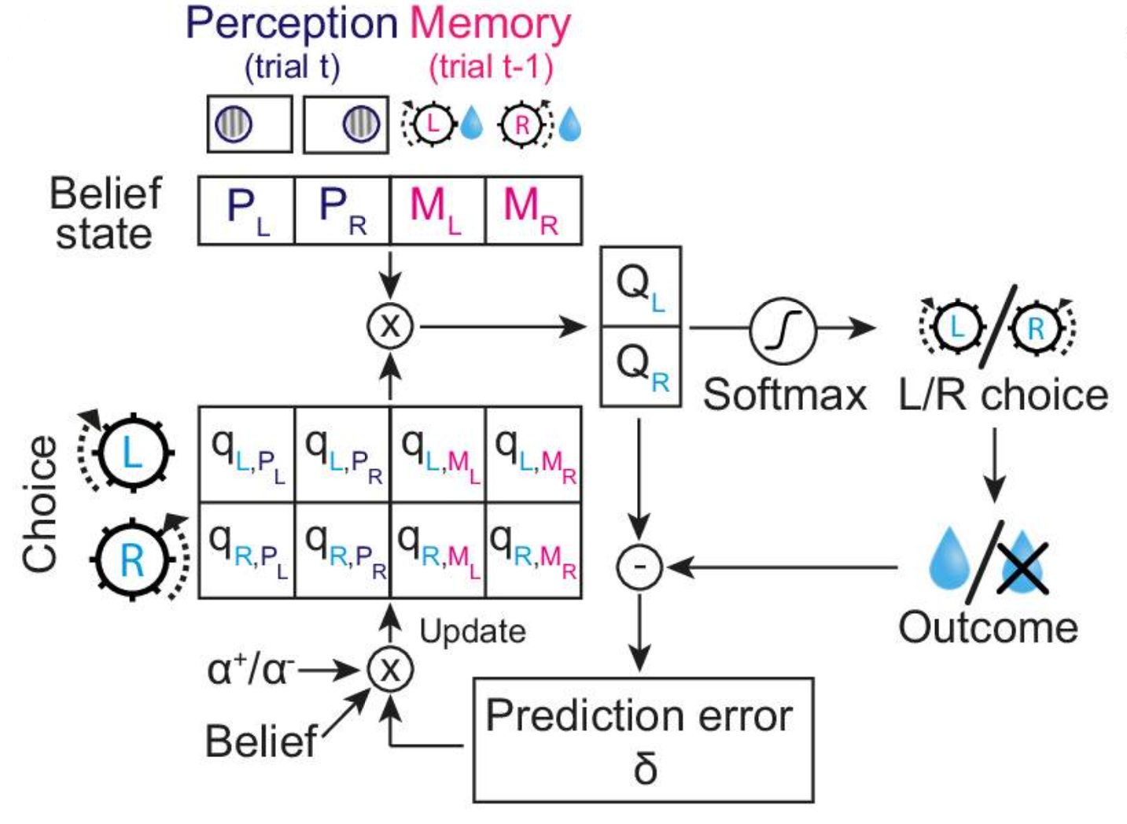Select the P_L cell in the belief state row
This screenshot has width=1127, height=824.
pyautogui.click(x=246, y=210)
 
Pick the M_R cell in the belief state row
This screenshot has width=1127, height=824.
pyautogui.click(x=533, y=210)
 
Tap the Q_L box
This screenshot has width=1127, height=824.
pyautogui.click(x=640, y=286)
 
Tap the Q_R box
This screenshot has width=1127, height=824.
pyautogui.click(x=640, y=367)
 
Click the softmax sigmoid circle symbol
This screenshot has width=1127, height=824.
pyautogui.click(x=783, y=330)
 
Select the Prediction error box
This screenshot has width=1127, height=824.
pyautogui.click(x=643, y=739)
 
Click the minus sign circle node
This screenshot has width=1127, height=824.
pyautogui.click(x=639, y=567)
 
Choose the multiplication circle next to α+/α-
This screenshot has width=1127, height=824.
pyautogui.click(x=389, y=670)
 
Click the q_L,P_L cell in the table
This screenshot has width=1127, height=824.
pyautogui.click(x=247, y=454)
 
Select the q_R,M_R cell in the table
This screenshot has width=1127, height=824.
pyautogui.click(x=533, y=550)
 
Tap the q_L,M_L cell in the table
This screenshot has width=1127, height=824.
pyautogui.click(x=438, y=454)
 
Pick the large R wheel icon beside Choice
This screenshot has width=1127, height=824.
pyautogui.click(x=132, y=560)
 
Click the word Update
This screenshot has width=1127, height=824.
pyautogui.click(x=472, y=631)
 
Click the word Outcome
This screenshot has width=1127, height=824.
pyautogui.click(x=988, y=628)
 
